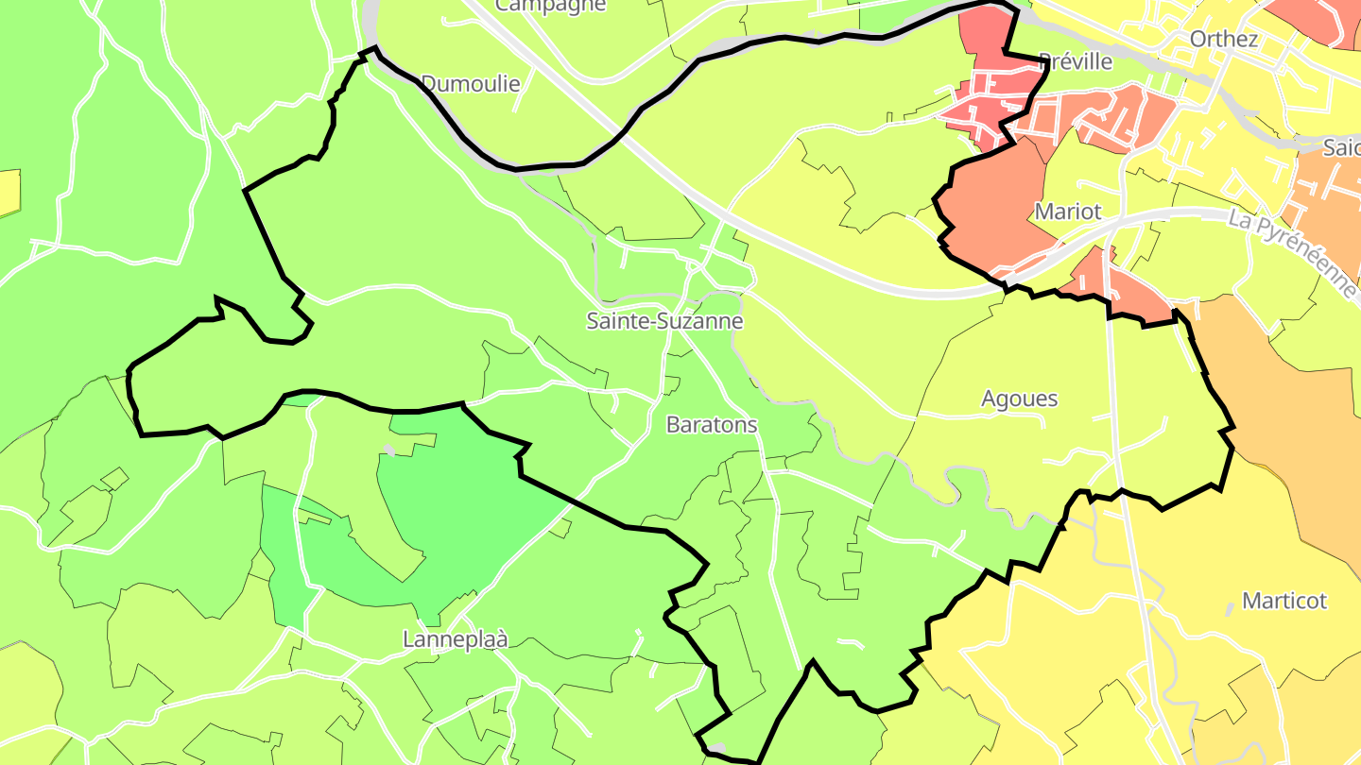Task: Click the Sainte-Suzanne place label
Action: click(x=664, y=321)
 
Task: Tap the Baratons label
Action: click(x=712, y=425)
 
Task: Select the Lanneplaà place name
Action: click(x=455, y=639)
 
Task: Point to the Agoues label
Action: click(x=1019, y=399)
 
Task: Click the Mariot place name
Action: click(x=1068, y=212)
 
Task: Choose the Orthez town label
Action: click(x=1224, y=39)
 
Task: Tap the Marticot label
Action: click(x=1283, y=601)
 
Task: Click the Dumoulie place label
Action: click(x=471, y=84)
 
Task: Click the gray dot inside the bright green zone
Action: click(x=388, y=450)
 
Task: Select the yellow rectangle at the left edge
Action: click(x=9, y=192)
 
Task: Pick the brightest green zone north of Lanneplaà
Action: click(x=463, y=510)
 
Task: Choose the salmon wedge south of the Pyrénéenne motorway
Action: click(x=1120, y=288)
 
